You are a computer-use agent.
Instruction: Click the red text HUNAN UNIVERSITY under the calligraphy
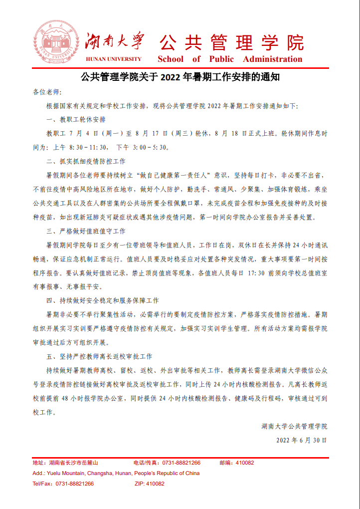pyautogui.click(x=114, y=59)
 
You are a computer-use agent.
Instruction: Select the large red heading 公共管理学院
pyautogui.click(x=231, y=42)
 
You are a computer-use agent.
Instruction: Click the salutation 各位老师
pyautogui.click(x=47, y=93)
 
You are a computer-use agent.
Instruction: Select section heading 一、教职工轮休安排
pyautogui.click(x=76, y=120)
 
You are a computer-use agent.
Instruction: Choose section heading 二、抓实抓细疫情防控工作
pyautogui.click(x=86, y=162)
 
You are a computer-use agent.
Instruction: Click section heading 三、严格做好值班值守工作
pyautogui.click(x=86, y=232)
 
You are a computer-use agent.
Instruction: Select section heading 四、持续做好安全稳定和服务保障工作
pyautogui.click(x=102, y=301)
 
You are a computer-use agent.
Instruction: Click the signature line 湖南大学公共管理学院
pyautogui.click(x=294, y=426)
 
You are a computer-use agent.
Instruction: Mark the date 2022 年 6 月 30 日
pyautogui.click(x=301, y=440)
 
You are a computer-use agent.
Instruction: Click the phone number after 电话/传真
pyautogui.click(x=183, y=463)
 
